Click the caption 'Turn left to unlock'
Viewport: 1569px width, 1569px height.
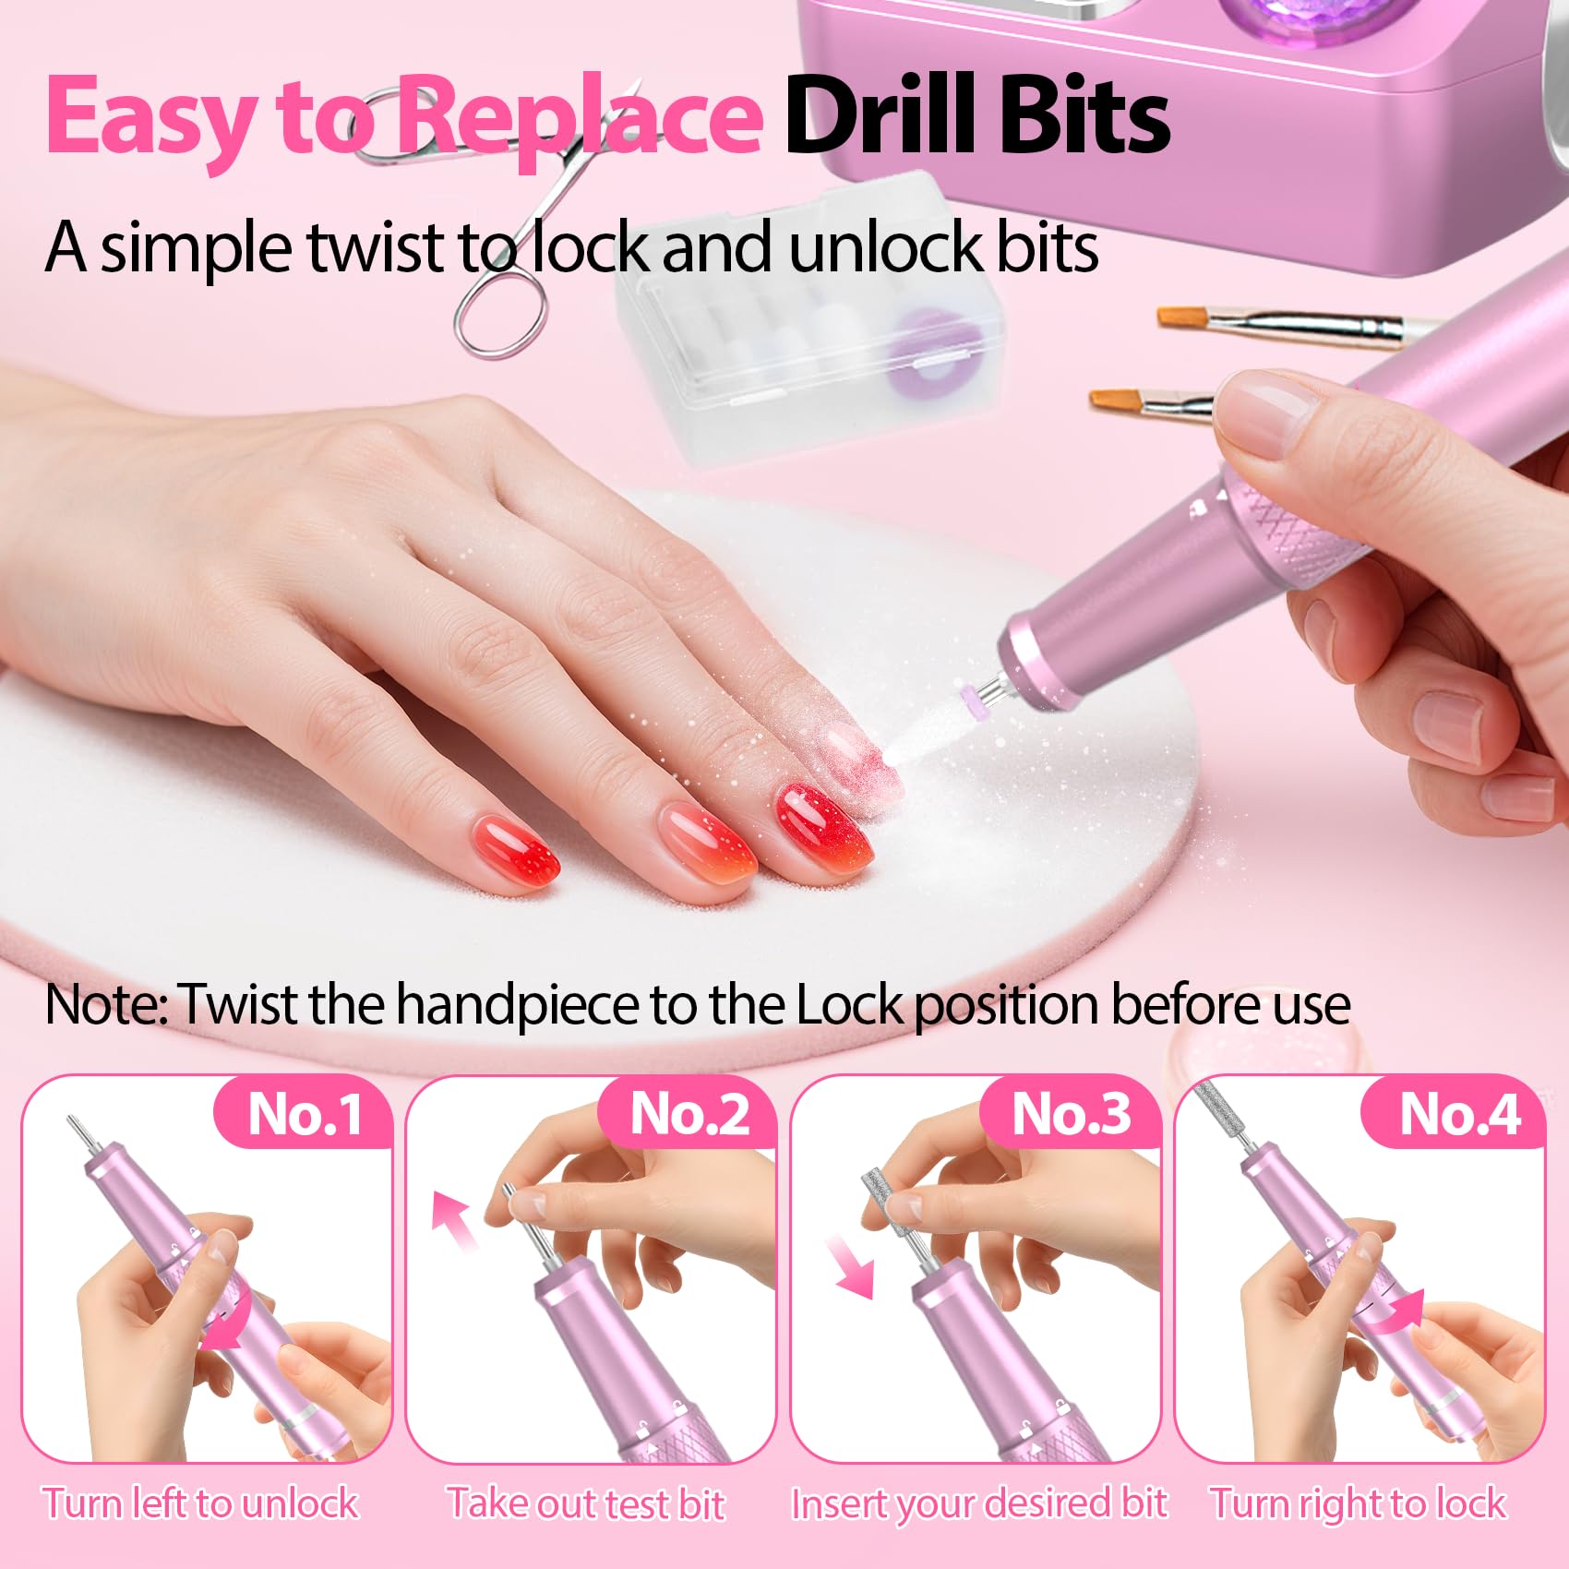tap(200, 1503)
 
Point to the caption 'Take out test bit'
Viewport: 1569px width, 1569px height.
tap(586, 1503)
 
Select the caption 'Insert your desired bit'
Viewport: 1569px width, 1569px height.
tap(980, 1504)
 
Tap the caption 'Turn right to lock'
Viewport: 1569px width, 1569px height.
tap(1358, 1504)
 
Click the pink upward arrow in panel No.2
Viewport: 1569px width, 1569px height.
tap(456, 1219)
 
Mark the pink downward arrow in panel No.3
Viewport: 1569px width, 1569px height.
tap(850, 1268)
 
